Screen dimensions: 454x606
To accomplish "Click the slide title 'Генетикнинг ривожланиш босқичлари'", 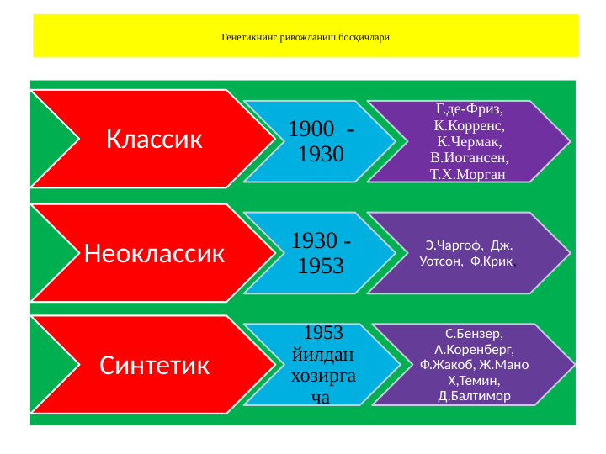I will pos(306,38).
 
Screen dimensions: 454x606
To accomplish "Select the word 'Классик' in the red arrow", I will pos(154,139).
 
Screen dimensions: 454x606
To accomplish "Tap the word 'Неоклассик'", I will pos(154,252).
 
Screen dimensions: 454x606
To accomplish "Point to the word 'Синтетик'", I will pos(154,365).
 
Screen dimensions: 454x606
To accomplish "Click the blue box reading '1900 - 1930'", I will pos(321,141).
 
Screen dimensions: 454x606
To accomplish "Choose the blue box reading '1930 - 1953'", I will pos(321,253).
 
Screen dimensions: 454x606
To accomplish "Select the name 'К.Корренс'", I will pos(469,125).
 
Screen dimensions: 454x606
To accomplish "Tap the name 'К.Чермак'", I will pos(469,141).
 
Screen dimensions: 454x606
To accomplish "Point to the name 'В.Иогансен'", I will pos(469,157).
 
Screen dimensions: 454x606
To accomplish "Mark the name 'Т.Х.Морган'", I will pos(468,174).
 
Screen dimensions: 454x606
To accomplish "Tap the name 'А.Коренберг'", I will pos(474,348).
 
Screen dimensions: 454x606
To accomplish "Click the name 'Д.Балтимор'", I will pos(474,395).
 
